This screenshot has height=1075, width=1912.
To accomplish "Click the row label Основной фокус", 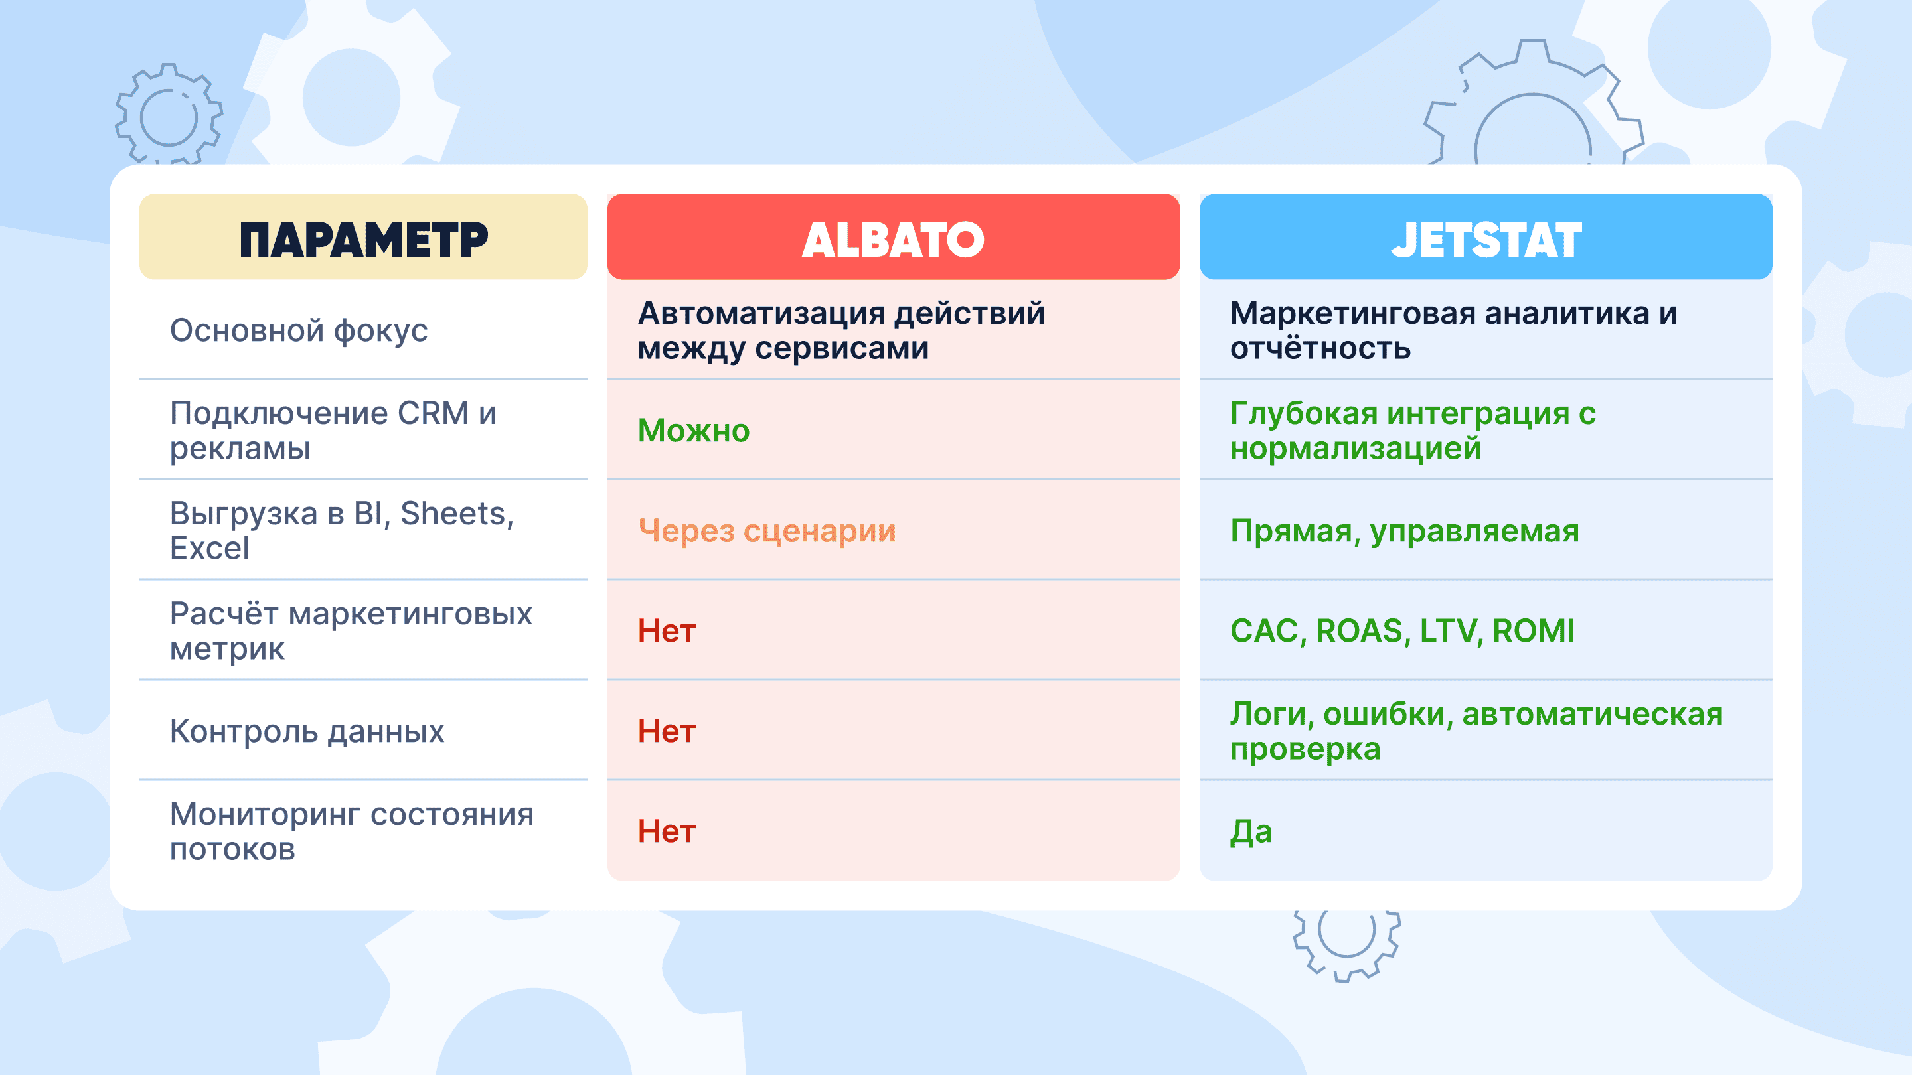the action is pos(298,331).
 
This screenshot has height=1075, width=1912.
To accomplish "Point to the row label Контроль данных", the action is pos(307,731).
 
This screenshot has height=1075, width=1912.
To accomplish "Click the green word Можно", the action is pos(693,431).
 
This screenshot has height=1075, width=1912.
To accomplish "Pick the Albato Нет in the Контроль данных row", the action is pos(667,731).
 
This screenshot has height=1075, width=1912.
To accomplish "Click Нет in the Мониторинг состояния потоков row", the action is pos(667,831).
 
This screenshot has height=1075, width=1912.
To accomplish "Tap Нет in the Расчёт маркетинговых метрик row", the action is pos(667,631).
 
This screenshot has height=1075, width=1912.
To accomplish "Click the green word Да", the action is pos(1251,832).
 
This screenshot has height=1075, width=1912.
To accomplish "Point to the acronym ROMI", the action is pos(1534,631).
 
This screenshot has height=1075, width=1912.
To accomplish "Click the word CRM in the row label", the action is pos(434,413).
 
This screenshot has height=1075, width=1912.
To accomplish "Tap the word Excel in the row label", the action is pos(209,548).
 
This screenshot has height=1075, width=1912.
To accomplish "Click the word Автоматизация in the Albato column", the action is pos(761,313).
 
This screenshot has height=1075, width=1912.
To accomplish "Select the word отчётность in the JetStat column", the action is pos(1320,348).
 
